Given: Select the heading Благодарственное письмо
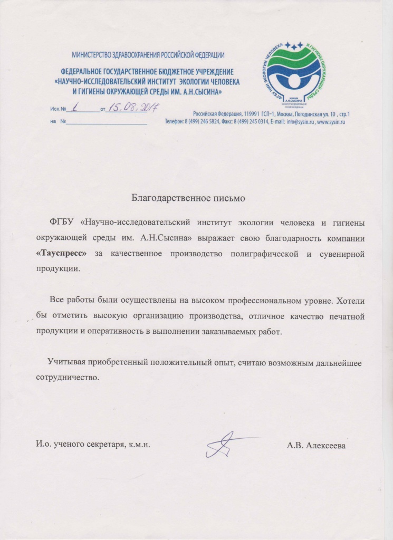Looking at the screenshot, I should (x=189, y=199).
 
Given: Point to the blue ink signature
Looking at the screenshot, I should (x=224, y=444).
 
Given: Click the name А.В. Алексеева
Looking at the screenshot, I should (x=317, y=446).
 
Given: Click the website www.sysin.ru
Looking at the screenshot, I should (x=331, y=121).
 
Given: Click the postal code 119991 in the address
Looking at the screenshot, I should (x=252, y=114).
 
